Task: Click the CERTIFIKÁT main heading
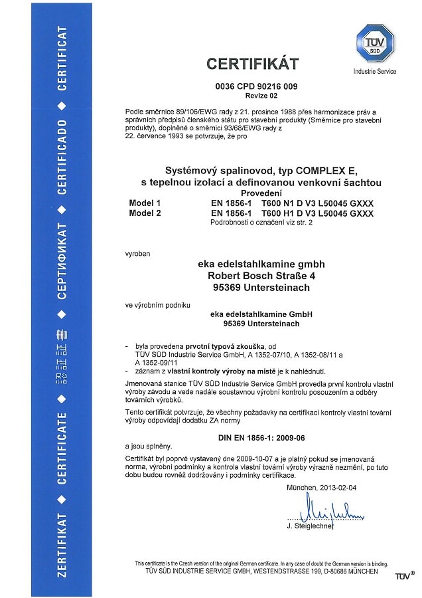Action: point(252,64)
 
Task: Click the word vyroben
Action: point(137,253)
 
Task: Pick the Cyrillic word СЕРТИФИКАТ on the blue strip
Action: point(62,262)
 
